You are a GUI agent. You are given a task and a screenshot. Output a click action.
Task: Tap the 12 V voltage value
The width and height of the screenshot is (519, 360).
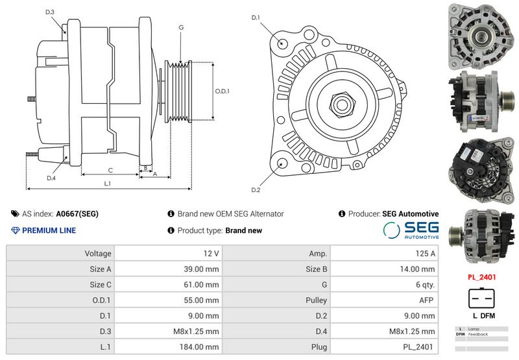point(211,254)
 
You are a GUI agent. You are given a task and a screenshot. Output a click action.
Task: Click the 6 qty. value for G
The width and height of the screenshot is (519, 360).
point(422,285)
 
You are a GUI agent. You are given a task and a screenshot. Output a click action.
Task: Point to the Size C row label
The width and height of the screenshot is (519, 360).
point(100,285)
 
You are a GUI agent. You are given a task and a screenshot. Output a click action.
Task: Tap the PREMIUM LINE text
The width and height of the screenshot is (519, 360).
point(49,230)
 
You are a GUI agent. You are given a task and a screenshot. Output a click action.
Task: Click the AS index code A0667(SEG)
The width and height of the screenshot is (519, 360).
point(77,213)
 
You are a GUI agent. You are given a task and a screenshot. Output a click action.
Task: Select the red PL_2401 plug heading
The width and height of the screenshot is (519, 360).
point(481,277)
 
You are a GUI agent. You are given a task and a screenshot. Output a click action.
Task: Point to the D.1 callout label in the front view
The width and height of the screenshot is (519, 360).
point(256,18)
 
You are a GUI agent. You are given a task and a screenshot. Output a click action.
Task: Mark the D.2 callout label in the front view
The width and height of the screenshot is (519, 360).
point(256,189)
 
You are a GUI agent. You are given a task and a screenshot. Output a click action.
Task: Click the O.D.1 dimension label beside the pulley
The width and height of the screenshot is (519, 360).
point(223,91)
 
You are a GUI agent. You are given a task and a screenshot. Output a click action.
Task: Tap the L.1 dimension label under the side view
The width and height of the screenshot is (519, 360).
point(108,184)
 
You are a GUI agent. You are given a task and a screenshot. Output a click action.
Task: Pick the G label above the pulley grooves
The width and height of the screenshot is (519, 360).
point(181,27)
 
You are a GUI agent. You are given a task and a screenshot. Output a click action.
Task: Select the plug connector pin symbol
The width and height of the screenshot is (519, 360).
point(481,298)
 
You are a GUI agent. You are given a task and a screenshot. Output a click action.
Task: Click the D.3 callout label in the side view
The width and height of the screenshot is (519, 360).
point(50,12)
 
